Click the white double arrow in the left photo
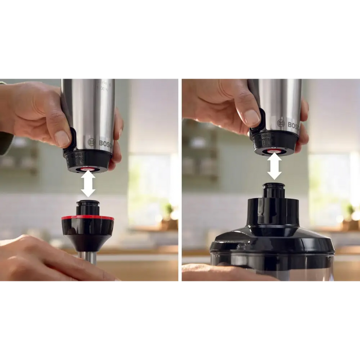88,184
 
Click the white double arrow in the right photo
274,166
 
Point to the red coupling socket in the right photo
274,151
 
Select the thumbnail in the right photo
251,117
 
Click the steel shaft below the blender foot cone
88,257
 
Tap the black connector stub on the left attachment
88,208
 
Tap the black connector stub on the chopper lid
274,191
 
